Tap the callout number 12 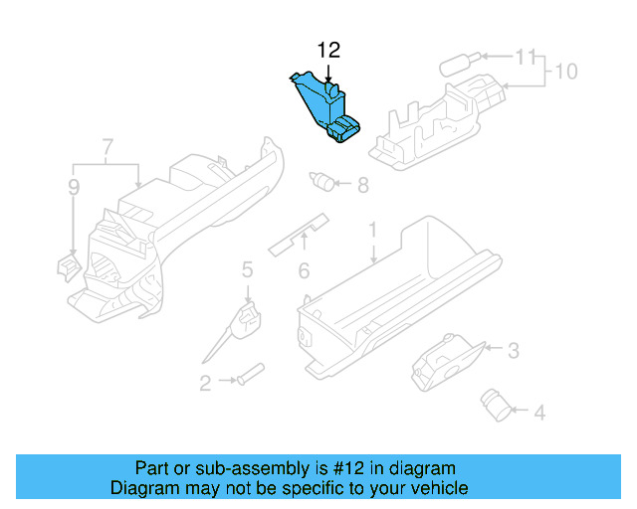point(327,50)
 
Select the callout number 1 point(373,231)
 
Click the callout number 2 point(205,383)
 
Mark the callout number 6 point(362,184)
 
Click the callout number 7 point(73,186)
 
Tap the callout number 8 point(565,72)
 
